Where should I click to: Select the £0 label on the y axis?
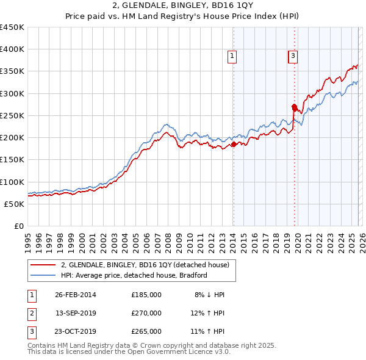[x=18, y=226]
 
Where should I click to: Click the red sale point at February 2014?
[x=234, y=145]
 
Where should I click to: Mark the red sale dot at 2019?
[x=294, y=107]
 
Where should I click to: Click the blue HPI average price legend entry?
[x=134, y=275]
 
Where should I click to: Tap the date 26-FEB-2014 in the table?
[x=76, y=295]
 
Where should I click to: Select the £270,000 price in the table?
[x=146, y=313]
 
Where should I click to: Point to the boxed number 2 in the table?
[x=32, y=313]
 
